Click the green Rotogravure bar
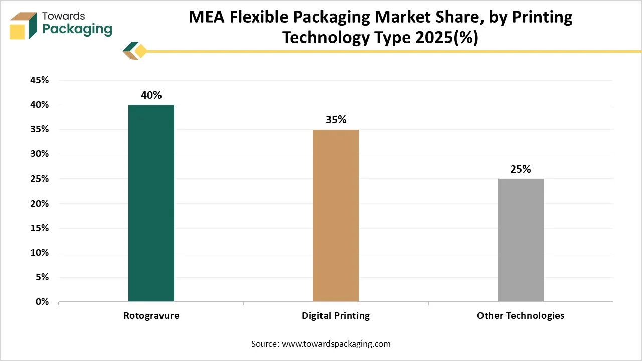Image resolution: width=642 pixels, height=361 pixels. click(151, 203)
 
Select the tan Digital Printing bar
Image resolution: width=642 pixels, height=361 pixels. click(336, 216)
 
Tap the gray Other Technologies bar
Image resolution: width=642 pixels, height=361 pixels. click(521, 240)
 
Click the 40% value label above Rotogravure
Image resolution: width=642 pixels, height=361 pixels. click(151, 95)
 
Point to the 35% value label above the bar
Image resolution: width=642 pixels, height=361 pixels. click(336, 120)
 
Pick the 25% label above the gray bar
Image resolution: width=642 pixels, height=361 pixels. click(521, 169)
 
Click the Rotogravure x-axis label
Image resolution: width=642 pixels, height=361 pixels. click(151, 316)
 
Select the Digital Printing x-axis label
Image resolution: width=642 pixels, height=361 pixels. click(336, 316)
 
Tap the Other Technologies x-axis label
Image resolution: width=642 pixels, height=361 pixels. click(521, 316)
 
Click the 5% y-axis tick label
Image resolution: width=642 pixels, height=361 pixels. click(41, 277)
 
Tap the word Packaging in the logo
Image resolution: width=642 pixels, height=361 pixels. click(77, 29)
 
